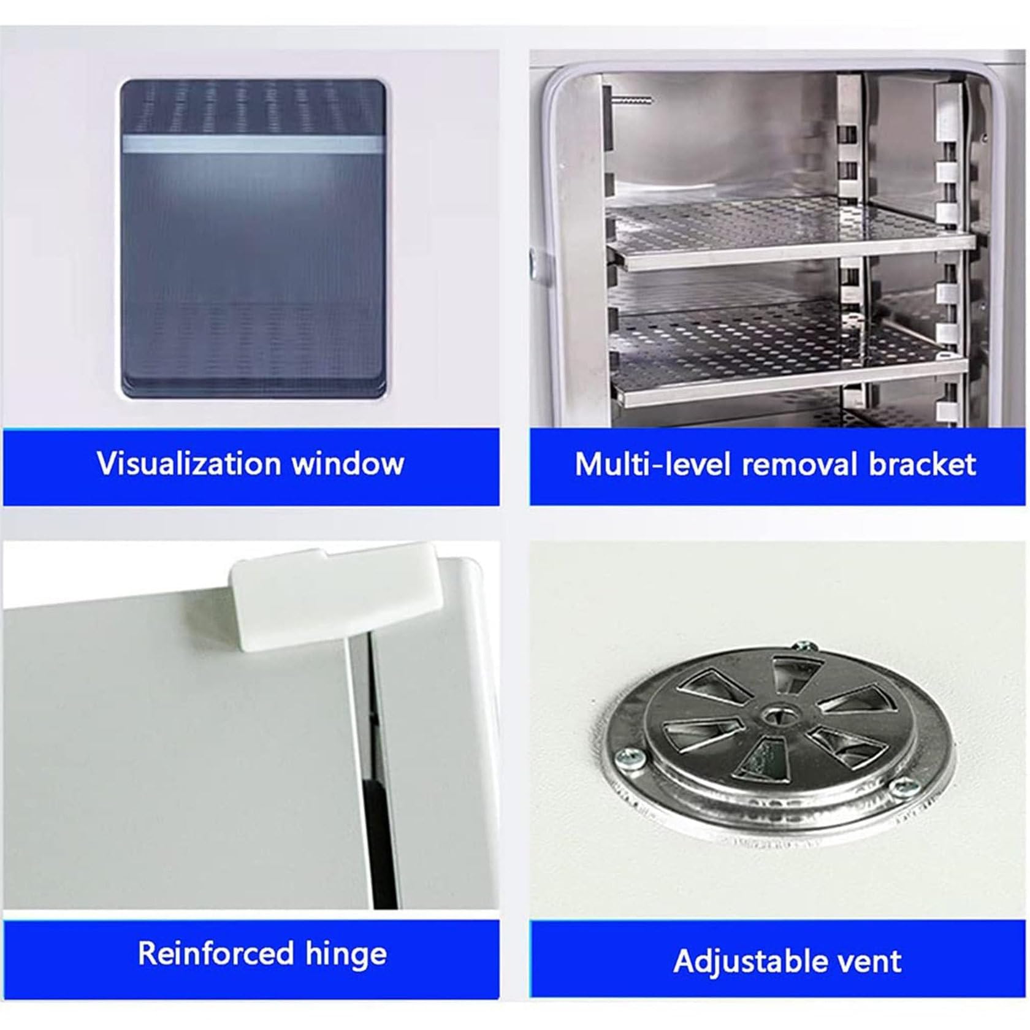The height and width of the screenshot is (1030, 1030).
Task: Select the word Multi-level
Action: [x=654, y=465]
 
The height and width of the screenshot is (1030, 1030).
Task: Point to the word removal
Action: [x=800, y=465]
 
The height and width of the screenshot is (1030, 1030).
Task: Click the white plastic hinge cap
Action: [x=336, y=597]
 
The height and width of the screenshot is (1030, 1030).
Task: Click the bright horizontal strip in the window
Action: [x=253, y=144]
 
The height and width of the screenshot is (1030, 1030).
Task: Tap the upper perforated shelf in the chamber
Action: [x=785, y=236]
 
